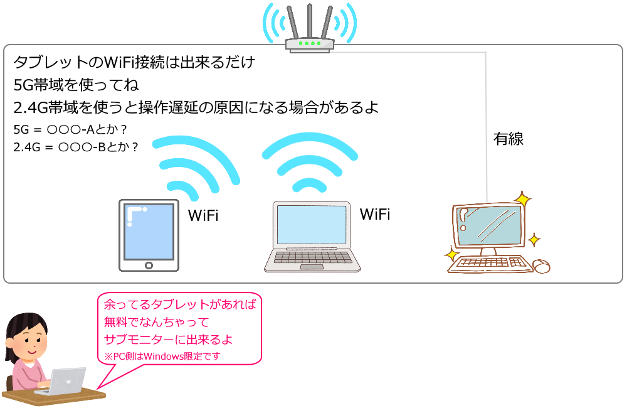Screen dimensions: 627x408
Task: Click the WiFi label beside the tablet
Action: [203, 215]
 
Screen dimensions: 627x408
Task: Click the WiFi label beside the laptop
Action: [375, 214]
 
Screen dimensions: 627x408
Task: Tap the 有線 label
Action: [508, 139]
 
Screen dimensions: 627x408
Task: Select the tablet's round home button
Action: [149, 265]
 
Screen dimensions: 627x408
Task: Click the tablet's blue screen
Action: [149, 232]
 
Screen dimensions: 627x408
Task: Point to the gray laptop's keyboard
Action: [312, 257]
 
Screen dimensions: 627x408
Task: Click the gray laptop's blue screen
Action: [312, 225]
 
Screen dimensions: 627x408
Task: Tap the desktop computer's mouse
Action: [542, 266]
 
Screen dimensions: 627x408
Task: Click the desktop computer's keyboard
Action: [490, 264]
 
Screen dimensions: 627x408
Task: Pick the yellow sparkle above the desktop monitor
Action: [522, 200]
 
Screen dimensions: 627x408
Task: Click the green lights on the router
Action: [310, 43]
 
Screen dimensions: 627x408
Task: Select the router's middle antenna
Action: [310, 21]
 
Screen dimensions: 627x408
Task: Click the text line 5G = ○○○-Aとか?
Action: [70, 129]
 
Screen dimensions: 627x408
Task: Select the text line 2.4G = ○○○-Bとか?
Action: [76, 147]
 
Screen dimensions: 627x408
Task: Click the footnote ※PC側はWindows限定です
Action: [162, 356]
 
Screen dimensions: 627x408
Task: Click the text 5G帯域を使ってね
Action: [76, 85]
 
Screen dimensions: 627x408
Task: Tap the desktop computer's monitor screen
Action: [490, 226]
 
